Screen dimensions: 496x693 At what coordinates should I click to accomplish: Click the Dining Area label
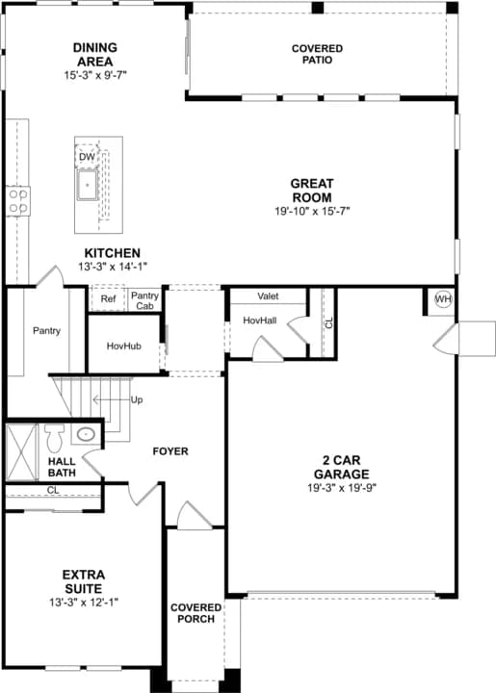click(95, 54)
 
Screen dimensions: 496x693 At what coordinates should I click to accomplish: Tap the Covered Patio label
click(317, 54)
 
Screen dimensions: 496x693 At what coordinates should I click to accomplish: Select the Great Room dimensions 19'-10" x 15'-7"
click(312, 211)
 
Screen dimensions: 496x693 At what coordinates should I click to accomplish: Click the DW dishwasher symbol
click(87, 157)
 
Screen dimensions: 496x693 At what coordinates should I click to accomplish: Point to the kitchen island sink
click(87, 185)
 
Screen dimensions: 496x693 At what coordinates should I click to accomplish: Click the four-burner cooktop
click(18, 201)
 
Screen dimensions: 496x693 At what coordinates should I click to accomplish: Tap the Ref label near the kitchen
click(108, 299)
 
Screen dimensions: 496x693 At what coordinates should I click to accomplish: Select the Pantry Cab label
click(144, 300)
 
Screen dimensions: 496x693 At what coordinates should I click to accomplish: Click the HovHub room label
click(124, 346)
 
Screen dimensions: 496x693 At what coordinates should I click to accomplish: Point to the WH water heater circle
click(443, 299)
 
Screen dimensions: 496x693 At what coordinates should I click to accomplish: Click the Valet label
click(268, 296)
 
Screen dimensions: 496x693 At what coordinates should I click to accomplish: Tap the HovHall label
click(260, 321)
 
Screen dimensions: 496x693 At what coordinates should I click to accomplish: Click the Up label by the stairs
click(137, 400)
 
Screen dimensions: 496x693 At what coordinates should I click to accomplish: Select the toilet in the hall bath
click(54, 439)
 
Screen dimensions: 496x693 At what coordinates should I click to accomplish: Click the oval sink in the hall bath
click(86, 434)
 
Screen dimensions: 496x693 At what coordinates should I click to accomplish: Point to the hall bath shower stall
click(21, 452)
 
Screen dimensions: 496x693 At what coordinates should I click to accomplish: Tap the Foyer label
click(170, 451)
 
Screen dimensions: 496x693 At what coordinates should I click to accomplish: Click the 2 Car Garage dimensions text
click(342, 488)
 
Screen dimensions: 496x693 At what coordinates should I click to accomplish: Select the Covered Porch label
click(196, 613)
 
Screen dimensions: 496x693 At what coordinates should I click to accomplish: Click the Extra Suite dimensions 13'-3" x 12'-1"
click(84, 603)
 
